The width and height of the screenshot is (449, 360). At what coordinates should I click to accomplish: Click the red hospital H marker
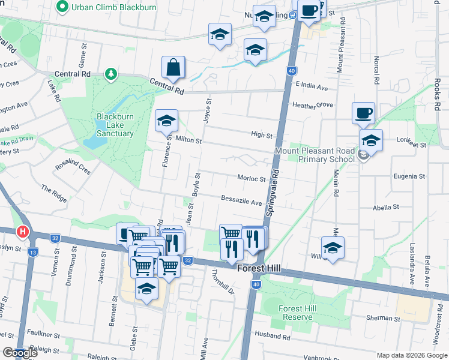(x=23, y=230)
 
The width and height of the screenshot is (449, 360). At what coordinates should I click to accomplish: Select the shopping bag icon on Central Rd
(x=173, y=69)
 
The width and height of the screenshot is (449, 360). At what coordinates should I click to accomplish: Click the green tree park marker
(x=110, y=74)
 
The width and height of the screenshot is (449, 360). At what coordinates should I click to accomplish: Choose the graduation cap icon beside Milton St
(x=167, y=122)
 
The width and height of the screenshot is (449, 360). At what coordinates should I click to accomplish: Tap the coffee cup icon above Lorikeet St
(x=363, y=113)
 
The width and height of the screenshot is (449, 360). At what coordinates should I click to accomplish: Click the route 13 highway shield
(x=33, y=252)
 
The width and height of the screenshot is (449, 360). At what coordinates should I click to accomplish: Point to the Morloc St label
(x=252, y=179)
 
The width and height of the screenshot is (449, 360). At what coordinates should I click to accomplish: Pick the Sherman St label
(x=384, y=318)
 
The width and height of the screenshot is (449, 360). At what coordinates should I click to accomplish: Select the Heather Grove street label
(x=312, y=105)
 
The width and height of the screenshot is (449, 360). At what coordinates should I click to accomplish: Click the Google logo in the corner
(x=20, y=353)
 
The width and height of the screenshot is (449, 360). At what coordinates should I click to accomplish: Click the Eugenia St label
(x=409, y=177)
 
